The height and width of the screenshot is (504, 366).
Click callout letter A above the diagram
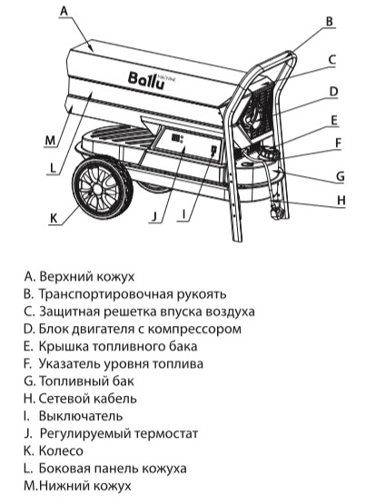point(64,11)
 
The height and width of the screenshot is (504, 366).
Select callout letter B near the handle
point(329,22)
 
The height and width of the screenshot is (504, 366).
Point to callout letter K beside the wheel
point(54,218)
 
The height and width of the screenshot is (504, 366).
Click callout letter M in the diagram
point(51,140)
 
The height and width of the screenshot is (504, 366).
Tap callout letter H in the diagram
point(341,200)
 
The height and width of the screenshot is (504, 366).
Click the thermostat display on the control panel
point(176,138)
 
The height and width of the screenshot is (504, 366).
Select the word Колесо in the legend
point(61,451)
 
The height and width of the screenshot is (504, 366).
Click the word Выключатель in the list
point(81,416)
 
